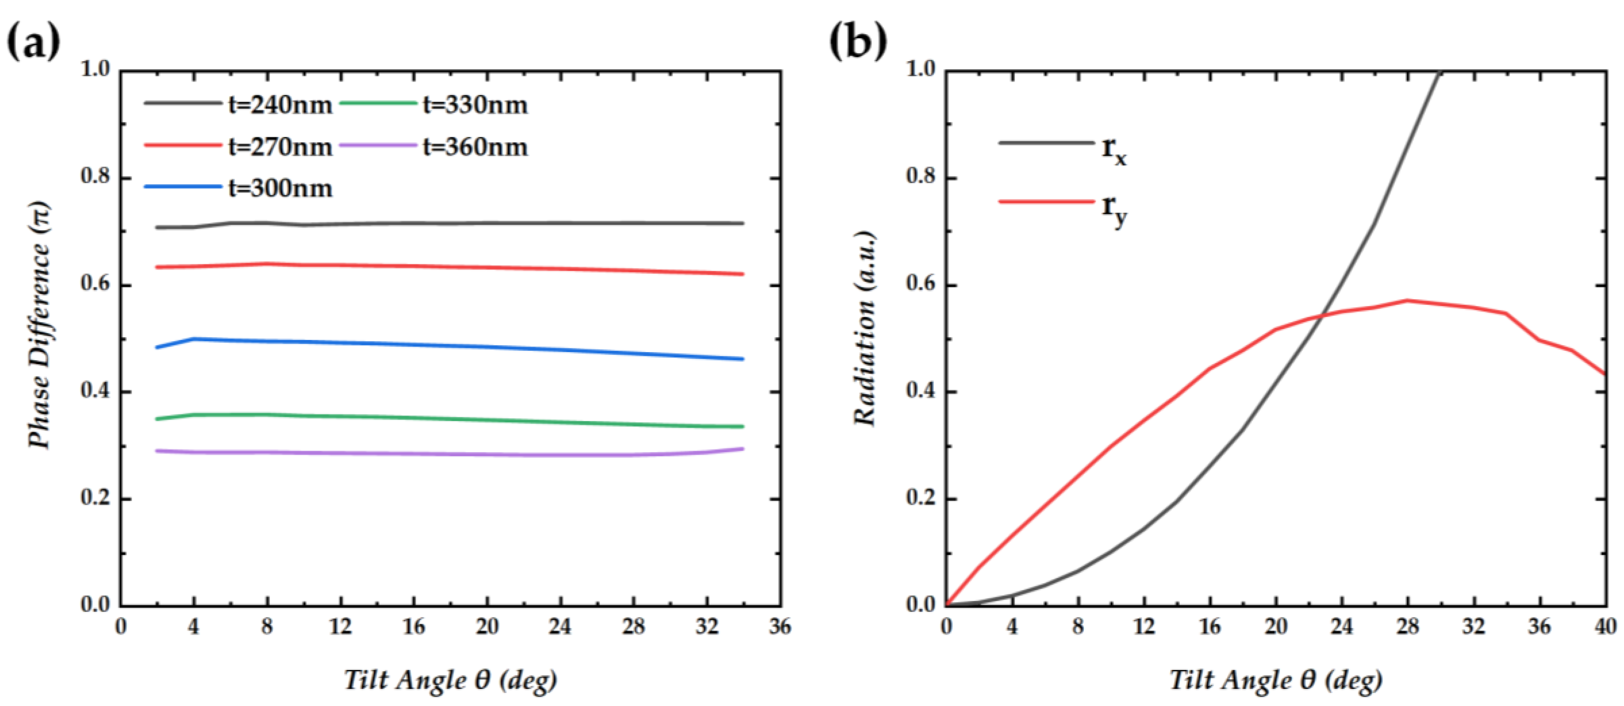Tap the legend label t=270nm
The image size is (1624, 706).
point(280,147)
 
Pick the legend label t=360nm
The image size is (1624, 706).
point(475,147)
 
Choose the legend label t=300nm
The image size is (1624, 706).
point(280,189)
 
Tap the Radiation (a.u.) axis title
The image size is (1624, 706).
point(865,328)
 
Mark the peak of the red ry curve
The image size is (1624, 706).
point(1408,301)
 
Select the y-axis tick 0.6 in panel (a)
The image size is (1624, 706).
point(96,285)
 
